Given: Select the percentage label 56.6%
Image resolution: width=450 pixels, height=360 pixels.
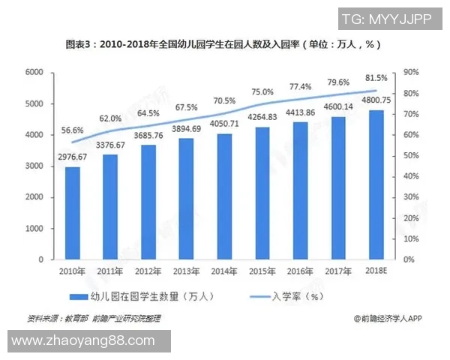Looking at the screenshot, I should pyautogui.click(x=72, y=130).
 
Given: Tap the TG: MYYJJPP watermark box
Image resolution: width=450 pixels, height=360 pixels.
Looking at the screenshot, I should pyautogui.click(x=386, y=19).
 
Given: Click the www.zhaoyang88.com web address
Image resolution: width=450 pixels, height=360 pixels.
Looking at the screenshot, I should pyautogui.click(x=86, y=341).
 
